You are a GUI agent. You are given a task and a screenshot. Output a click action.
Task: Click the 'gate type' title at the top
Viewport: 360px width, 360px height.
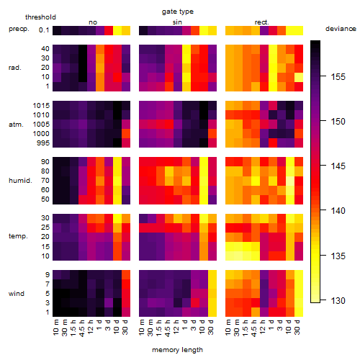pyautogui.click(x=178, y=12)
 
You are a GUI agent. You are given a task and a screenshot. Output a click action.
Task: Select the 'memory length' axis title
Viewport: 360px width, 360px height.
pyautogui.click(x=177, y=350)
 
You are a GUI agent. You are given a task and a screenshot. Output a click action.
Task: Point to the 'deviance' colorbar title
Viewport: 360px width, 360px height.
pyautogui.click(x=341, y=29)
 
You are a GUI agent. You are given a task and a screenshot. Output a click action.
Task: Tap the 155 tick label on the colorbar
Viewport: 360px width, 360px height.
pyautogui.click(x=338, y=77)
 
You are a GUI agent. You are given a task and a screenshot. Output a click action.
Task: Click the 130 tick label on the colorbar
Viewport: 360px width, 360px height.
pyautogui.click(x=338, y=300)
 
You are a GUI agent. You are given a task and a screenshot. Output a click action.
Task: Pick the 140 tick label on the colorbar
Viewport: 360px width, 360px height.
pyautogui.click(x=338, y=211)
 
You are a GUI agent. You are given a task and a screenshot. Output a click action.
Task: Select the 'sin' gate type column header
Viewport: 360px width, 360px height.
pyautogui.click(x=177, y=22)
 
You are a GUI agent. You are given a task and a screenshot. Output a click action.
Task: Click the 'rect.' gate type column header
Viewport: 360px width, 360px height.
pyautogui.click(x=261, y=22)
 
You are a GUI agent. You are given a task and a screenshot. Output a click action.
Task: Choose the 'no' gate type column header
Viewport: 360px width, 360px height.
pyautogui.click(x=93, y=22)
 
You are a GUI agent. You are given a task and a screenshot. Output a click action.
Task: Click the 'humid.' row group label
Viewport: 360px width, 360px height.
pyautogui.click(x=20, y=181)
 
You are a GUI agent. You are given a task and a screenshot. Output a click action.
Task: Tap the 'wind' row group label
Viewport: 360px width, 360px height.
pyautogui.click(x=17, y=294)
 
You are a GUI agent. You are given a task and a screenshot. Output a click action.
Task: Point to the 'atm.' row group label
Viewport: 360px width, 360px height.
pyautogui.click(x=16, y=125)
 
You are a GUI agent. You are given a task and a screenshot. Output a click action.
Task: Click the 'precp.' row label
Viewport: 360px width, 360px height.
pyautogui.click(x=19, y=29)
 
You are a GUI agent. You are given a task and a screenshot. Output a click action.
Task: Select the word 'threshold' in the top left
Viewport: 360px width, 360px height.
pyautogui.click(x=40, y=17)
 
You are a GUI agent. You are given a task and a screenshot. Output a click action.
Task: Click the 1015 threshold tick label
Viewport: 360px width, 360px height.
pyautogui.click(x=41, y=106)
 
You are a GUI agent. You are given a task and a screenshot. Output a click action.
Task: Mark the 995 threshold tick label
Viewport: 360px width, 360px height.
pyautogui.click(x=43, y=143)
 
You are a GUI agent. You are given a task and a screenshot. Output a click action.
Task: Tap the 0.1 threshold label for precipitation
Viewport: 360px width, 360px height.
pyautogui.click(x=44, y=30)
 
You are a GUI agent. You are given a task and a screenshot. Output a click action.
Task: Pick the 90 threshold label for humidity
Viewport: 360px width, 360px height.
pyautogui.click(x=45, y=162)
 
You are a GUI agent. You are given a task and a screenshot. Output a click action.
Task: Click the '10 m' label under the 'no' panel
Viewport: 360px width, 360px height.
pyautogui.click(x=55, y=327)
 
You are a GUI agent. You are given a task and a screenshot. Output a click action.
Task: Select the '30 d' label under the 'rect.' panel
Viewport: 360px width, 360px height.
pyautogui.click(x=297, y=327)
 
